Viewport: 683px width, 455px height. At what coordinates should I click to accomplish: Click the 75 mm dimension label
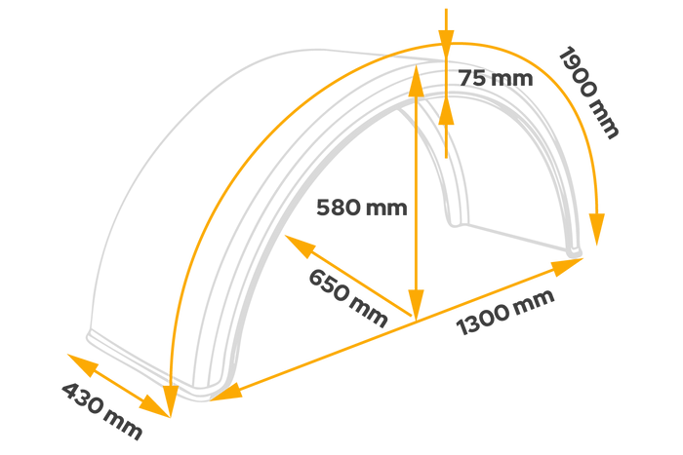click(498, 78)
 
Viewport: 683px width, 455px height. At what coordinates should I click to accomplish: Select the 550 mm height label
click(351, 208)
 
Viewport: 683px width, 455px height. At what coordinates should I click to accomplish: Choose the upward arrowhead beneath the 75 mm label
click(447, 114)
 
